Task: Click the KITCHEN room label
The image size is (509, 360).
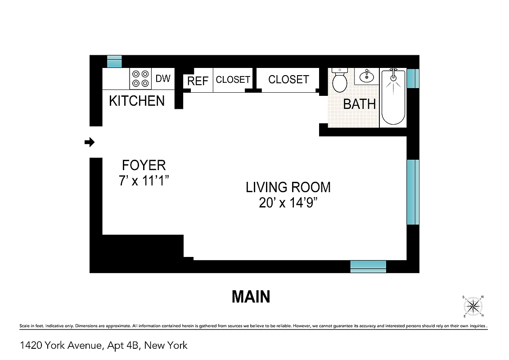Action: pyautogui.click(x=137, y=101)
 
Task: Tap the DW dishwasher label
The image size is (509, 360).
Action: pyautogui.click(x=163, y=78)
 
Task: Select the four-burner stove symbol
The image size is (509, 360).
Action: pyautogui.click(x=140, y=79)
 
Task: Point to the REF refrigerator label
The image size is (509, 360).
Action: pyautogui.click(x=198, y=81)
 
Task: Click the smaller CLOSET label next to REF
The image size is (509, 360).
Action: pyautogui.click(x=233, y=80)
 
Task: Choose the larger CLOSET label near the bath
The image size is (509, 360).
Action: pyautogui.click(x=288, y=80)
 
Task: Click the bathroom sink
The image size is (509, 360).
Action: pyautogui.click(x=367, y=76)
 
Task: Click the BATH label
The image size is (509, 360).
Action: pyautogui.click(x=359, y=104)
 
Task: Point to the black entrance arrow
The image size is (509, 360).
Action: pyautogui.click(x=89, y=143)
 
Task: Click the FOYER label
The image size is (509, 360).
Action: pyautogui.click(x=144, y=165)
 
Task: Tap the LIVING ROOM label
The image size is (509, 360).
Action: pyautogui.click(x=288, y=187)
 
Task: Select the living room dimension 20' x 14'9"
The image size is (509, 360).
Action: pyautogui.click(x=288, y=203)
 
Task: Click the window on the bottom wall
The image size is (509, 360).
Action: pyautogui.click(x=368, y=266)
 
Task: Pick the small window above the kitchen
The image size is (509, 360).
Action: pyautogui.click(x=114, y=61)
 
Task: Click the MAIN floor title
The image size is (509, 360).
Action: pyautogui.click(x=251, y=297)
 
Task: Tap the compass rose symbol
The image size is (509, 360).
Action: pyautogui.click(x=473, y=306)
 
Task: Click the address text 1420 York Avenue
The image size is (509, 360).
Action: pyautogui.click(x=104, y=346)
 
